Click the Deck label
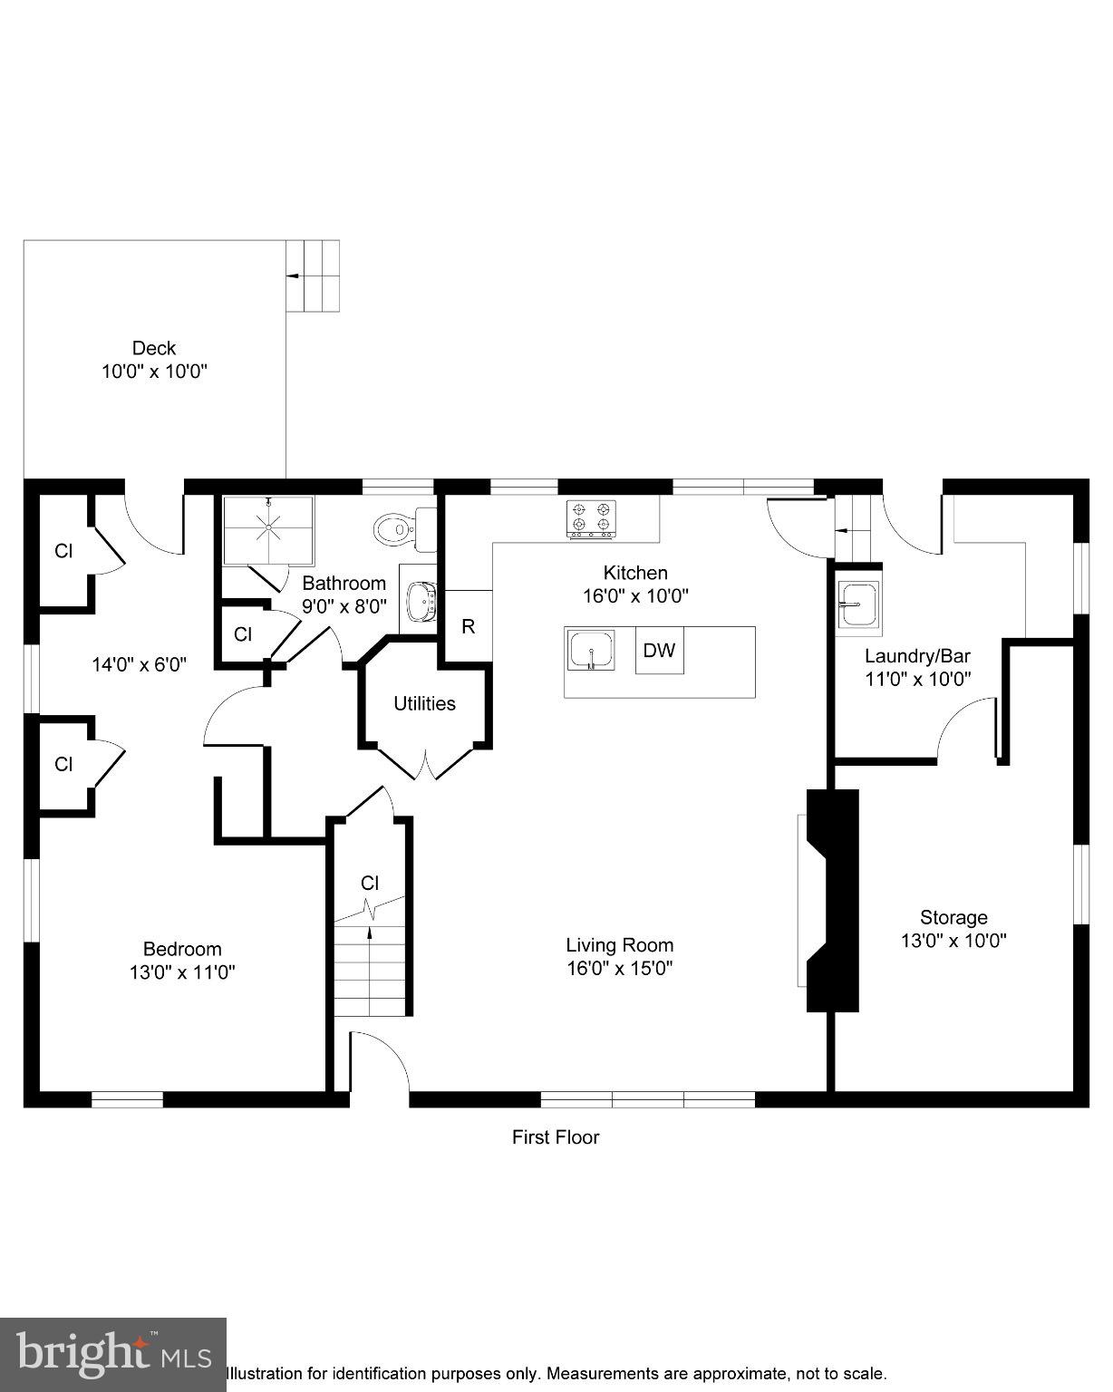coord(154,348)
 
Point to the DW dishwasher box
coord(659,651)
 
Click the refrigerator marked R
coord(468,626)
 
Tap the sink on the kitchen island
coord(591,650)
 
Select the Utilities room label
coord(424,703)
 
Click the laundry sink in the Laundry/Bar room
coord(857,604)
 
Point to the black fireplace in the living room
coord(833,900)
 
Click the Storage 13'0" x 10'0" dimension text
coord(953,941)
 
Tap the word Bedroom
coord(182,949)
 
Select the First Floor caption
coord(556,1136)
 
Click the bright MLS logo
coord(112,1354)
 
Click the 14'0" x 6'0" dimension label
coord(139,664)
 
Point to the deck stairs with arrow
coord(314,275)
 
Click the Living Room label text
coord(619,945)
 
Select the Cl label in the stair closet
coord(369,883)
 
